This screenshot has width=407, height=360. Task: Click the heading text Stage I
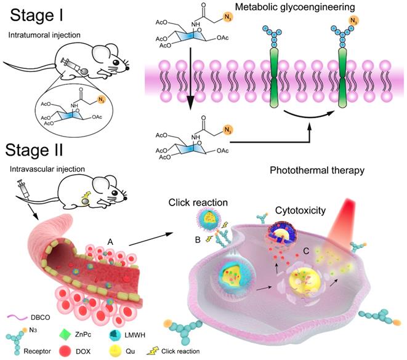point(36,15)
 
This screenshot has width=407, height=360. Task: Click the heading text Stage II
point(34,150)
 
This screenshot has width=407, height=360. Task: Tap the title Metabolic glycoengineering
point(295,7)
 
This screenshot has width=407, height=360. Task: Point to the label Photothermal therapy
point(317,170)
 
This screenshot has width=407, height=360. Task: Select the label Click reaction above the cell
point(198,202)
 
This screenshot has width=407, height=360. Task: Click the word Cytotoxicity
point(300,210)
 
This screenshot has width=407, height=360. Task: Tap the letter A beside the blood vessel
point(110,242)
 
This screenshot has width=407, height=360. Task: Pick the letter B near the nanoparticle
point(198,240)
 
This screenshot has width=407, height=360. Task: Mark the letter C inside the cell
point(306,251)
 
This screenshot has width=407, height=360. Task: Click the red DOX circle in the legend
point(65,351)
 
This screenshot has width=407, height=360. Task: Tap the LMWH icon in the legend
point(115,335)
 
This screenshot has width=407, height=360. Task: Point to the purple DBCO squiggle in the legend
point(17,317)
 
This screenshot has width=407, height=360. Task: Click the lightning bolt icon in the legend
point(153,351)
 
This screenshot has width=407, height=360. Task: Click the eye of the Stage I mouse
point(116,62)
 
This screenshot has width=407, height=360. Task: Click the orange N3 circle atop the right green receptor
point(353,20)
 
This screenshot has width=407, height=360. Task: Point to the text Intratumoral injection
point(44,35)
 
